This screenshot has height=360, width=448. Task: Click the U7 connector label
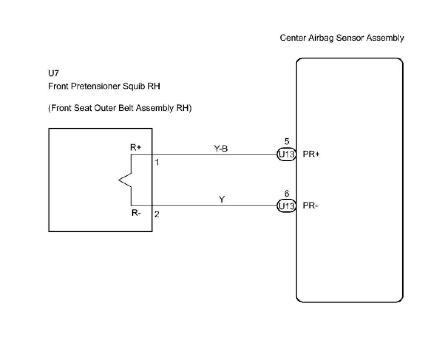tap(54, 73)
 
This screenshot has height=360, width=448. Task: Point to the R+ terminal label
tap(136, 147)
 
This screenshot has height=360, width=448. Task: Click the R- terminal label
tap(136, 213)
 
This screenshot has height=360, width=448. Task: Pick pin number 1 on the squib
tap(157, 162)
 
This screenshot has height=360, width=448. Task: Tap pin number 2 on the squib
tap(157, 214)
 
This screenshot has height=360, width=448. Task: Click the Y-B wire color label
tap(221, 149)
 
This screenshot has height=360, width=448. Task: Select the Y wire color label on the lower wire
tap(222, 199)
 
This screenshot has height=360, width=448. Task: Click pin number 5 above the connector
tap(287, 142)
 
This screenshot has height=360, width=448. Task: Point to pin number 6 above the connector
tap(287, 193)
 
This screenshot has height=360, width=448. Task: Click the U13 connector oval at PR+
tap(286, 154)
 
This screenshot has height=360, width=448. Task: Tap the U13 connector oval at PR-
tap(286, 206)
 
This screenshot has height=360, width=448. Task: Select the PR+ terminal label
tap(311, 154)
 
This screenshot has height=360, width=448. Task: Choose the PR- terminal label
tap(310, 206)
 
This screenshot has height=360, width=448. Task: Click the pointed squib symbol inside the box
tap(125, 180)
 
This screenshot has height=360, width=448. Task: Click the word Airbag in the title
tap(321, 38)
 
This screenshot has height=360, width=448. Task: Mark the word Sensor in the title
tap(350, 38)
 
